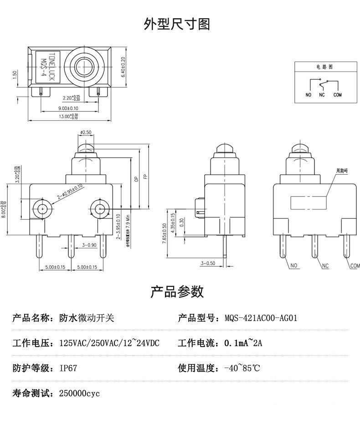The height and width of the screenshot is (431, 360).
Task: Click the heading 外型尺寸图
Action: coord(177,24)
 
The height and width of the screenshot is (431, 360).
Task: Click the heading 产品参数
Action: coord(177,291)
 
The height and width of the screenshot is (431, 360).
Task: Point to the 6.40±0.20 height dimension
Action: coord(123,68)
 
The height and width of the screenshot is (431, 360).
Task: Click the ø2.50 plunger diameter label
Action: coord(86,132)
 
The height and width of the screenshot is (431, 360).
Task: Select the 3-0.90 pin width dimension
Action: coord(89,245)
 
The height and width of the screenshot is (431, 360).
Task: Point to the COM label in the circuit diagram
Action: coord(337,95)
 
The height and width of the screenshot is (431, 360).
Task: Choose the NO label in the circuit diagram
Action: coord(309,95)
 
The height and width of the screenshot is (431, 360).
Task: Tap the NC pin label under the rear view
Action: coord(325,266)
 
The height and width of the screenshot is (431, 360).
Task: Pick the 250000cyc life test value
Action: coord(79,393)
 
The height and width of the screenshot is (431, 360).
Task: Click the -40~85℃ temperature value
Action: coord(242,368)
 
